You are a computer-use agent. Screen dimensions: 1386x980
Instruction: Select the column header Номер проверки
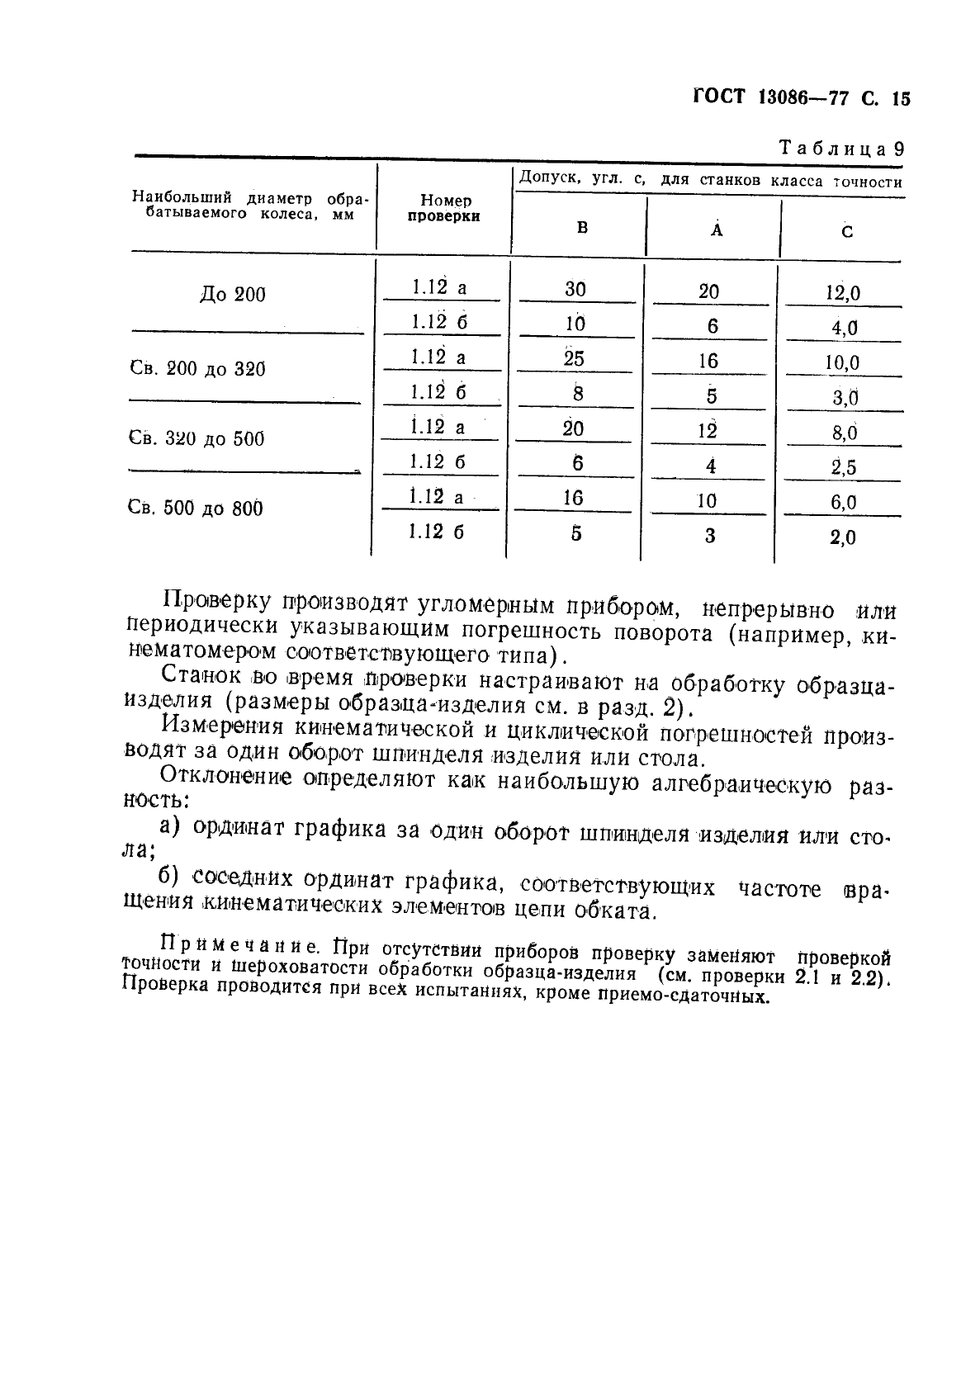click(445, 208)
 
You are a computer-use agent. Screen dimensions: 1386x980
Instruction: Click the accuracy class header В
click(582, 228)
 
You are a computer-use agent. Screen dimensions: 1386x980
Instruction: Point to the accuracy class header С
click(847, 232)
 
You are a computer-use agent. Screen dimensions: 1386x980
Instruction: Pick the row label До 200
click(233, 295)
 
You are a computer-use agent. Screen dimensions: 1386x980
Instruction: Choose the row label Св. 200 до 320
click(198, 368)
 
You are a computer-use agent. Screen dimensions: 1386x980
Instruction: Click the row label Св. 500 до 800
click(196, 508)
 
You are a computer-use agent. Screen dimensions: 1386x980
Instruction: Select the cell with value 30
click(575, 289)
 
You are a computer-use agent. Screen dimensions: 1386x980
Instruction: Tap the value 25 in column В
click(574, 359)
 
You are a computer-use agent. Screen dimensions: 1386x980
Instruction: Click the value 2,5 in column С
click(844, 468)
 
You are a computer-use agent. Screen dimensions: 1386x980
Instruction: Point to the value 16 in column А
click(708, 361)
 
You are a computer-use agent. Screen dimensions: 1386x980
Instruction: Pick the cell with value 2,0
click(843, 538)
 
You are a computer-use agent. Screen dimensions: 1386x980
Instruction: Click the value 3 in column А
click(710, 536)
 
